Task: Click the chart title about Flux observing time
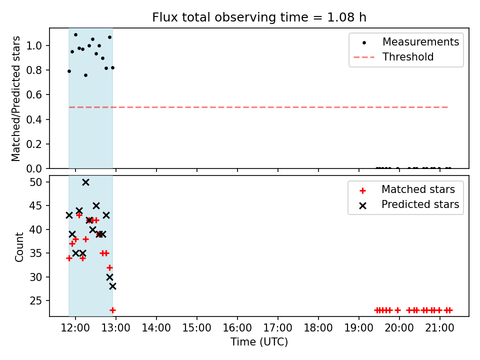[259, 17]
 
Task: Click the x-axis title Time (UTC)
[259, 342]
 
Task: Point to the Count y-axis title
[19, 246]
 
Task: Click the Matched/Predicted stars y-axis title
[16, 98]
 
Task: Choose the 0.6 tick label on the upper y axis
[38, 94]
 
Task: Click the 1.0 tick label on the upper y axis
[38, 45]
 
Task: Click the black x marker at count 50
[85, 182]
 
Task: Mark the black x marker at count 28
[112, 286]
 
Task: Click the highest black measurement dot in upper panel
[75, 35]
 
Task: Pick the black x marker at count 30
[109, 277]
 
